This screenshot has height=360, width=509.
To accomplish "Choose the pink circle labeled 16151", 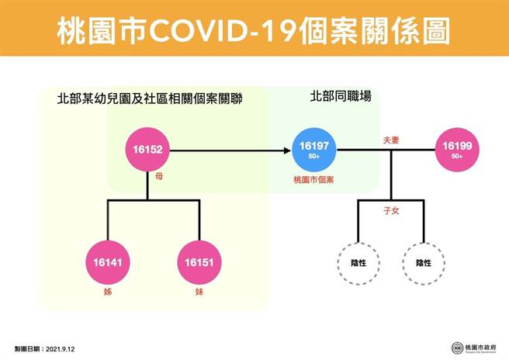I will click(x=199, y=263).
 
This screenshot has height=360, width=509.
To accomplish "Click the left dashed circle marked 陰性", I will click(x=358, y=263).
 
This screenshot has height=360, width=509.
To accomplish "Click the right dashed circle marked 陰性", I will click(x=424, y=263).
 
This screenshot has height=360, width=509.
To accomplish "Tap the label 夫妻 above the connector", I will click(x=390, y=141).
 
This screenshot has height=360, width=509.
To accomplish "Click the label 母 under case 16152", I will click(x=159, y=177).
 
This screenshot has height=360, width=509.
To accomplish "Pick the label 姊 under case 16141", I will click(x=108, y=294).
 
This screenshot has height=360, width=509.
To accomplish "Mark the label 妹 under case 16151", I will click(x=199, y=294).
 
